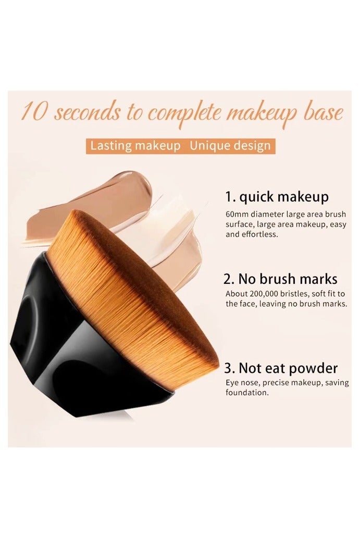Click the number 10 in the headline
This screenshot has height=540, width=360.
34,113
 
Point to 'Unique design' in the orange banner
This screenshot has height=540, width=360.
230,145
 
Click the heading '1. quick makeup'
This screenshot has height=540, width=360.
277,197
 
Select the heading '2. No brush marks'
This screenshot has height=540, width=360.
281,279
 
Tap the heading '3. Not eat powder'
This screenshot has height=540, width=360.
281,369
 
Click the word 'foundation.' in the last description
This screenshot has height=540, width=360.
247,393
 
